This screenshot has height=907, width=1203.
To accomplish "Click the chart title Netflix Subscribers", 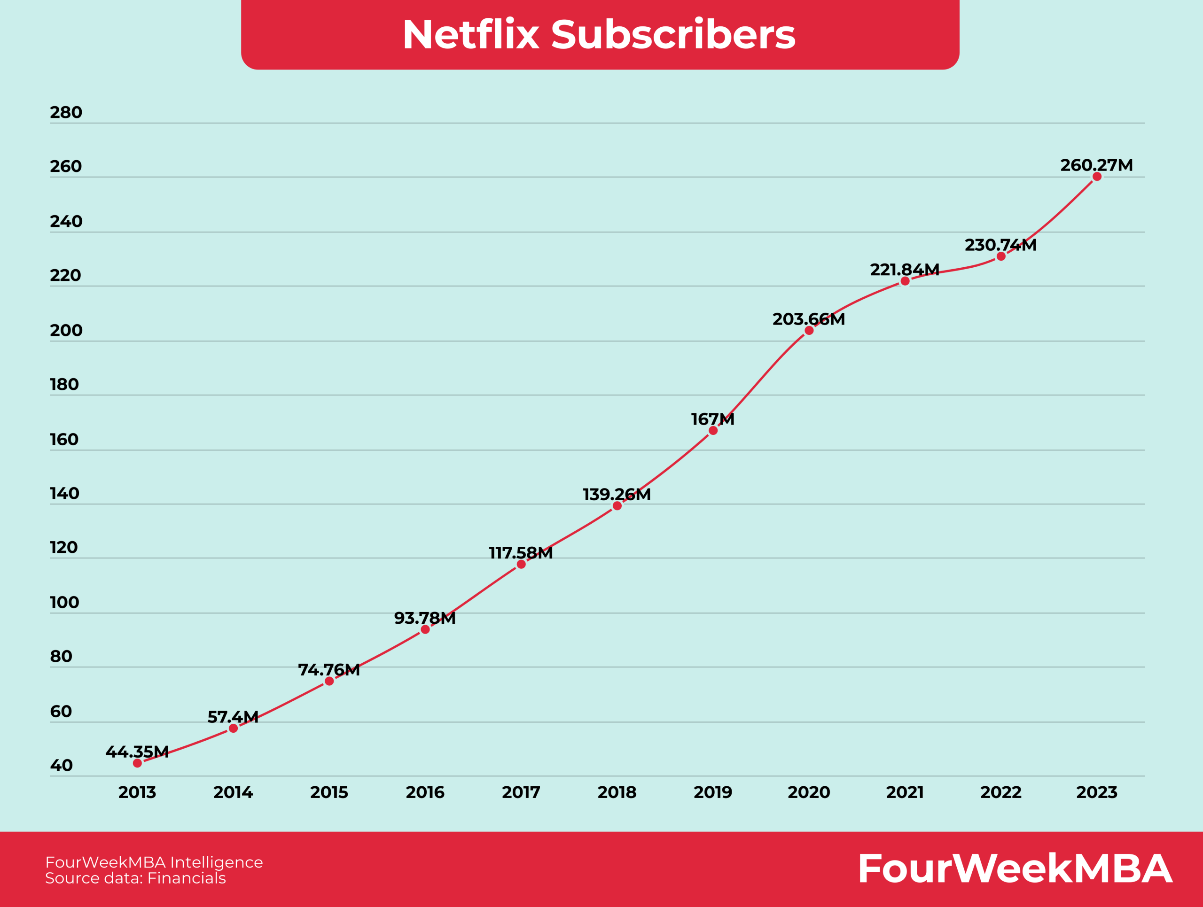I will click(x=599, y=35).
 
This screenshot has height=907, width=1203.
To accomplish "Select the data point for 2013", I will click(x=138, y=763).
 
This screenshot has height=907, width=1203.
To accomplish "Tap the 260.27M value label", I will click(x=1096, y=165).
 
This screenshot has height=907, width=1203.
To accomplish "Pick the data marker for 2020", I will click(x=809, y=330).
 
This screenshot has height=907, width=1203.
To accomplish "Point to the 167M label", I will click(x=712, y=419).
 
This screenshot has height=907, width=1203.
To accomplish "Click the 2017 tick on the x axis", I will click(x=521, y=792).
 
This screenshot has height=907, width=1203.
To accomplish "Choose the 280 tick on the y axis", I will click(x=66, y=112).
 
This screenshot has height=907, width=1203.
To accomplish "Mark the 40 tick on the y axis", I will click(x=61, y=766).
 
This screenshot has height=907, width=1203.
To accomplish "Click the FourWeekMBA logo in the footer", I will click(x=1015, y=868).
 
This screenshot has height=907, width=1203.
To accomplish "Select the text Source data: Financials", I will click(x=135, y=878).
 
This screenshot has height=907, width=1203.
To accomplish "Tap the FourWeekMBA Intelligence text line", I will click(x=154, y=862).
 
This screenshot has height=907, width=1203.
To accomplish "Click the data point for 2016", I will click(x=425, y=629).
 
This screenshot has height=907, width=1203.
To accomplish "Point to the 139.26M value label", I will click(x=617, y=495).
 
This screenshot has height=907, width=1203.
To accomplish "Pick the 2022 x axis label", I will click(x=1000, y=792).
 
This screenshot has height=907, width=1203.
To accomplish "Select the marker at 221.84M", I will click(x=905, y=281).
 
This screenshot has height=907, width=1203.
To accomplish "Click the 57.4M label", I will click(x=233, y=717).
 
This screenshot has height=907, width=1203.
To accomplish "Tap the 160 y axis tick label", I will click(x=64, y=440).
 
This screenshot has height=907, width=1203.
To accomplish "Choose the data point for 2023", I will click(x=1097, y=177).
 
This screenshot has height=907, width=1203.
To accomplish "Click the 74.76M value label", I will click(x=329, y=670).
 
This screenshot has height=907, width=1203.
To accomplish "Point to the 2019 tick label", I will click(x=712, y=792).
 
